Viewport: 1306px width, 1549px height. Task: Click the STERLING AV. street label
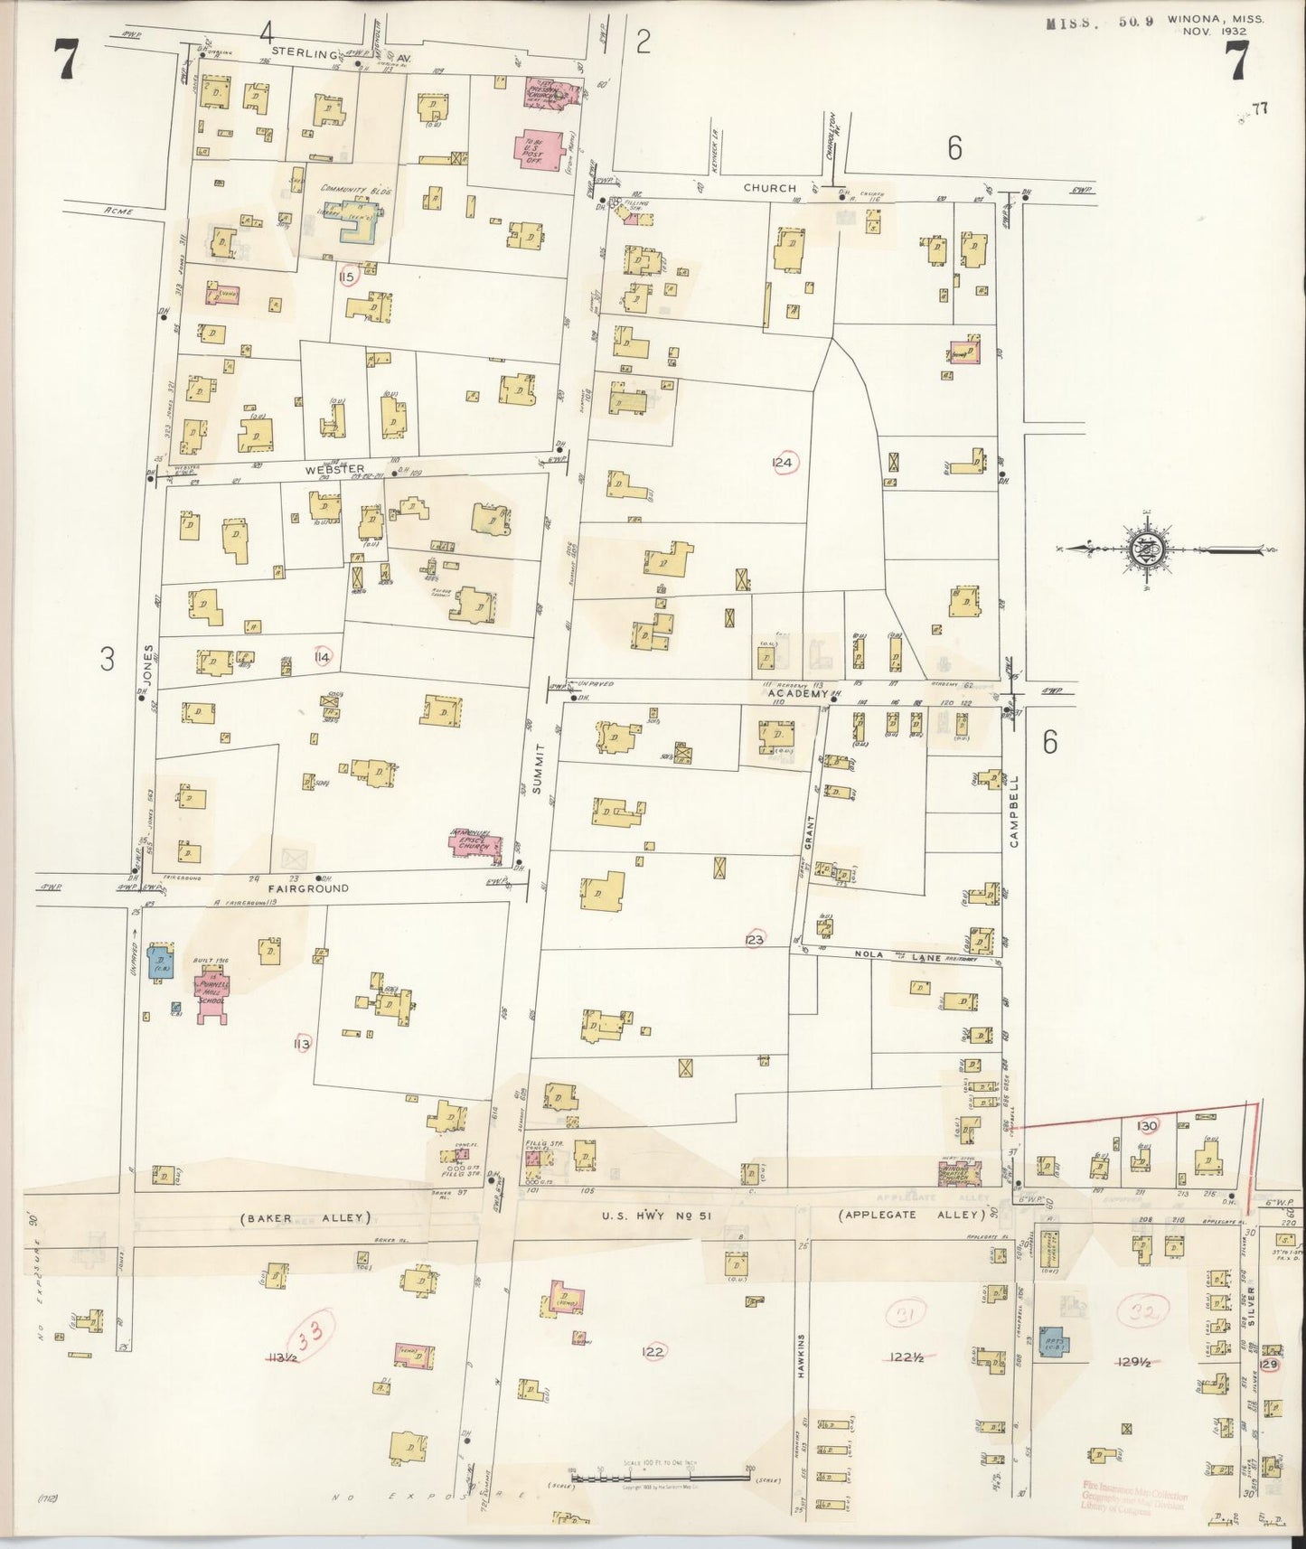(312, 53)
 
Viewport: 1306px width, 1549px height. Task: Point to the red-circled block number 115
(345, 276)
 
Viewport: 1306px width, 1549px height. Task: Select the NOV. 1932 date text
(1216, 31)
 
